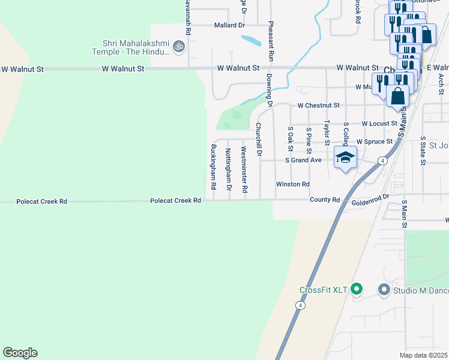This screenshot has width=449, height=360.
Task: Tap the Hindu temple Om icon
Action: coord(178,46)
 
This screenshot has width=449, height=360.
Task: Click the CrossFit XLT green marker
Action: coord(356,290)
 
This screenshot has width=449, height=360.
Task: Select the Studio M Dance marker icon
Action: coord(384,290)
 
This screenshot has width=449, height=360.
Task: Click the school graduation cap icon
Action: coord(345,157)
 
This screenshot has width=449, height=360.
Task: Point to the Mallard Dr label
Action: coord(230,26)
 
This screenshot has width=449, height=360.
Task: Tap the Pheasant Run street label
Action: coord(271,41)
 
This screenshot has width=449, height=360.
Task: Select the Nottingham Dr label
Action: coord(228,169)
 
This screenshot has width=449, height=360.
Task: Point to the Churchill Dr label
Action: coord(259,139)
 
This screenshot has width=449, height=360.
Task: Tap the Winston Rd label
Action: coord(292,184)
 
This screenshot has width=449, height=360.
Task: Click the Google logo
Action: coord(20,353)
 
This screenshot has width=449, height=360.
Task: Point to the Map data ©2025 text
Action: coord(424,355)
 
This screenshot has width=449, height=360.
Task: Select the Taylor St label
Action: coord(327,132)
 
